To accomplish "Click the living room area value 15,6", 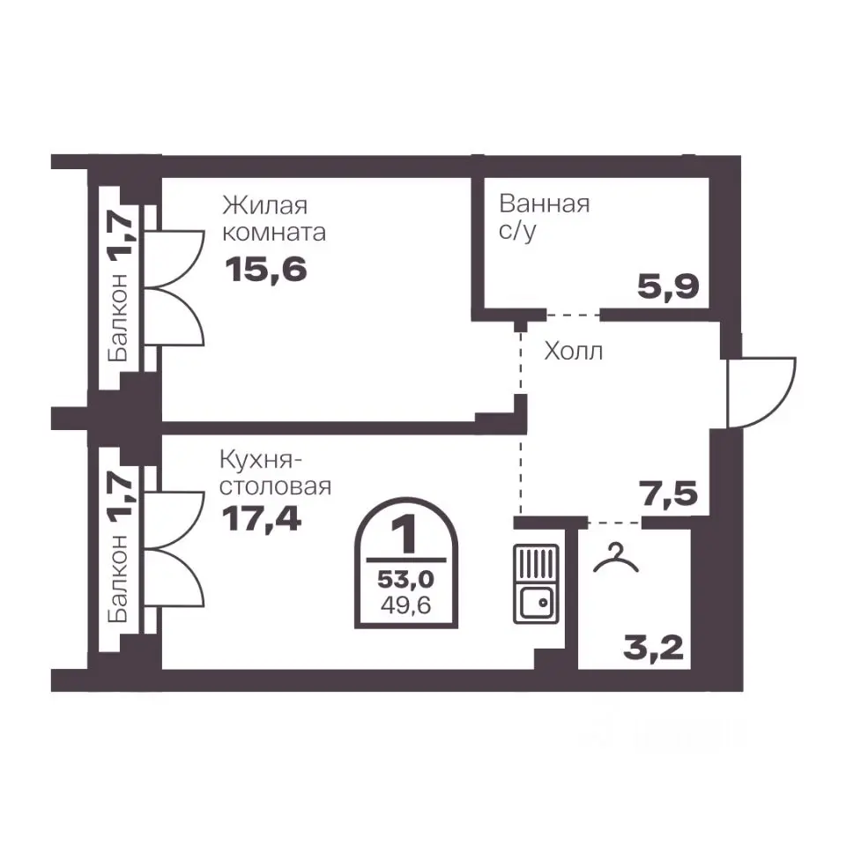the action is [x=265, y=269].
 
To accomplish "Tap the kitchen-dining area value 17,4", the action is [x=261, y=518].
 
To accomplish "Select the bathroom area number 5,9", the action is [x=668, y=286].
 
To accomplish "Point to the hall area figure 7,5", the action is [x=668, y=493].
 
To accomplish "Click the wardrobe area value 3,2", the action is [x=653, y=648].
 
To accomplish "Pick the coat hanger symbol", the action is [x=616, y=559].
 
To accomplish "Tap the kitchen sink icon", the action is [x=535, y=583].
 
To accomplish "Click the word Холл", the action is [x=573, y=352].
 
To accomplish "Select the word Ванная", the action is [x=544, y=204].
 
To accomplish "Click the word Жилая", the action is [x=265, y=205].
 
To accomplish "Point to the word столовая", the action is [x=275, y=486].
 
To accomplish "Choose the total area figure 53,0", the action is [x=405, y=579].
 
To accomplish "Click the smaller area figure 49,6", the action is [x=405, y=605].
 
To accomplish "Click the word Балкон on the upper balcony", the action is [x=117, y=317].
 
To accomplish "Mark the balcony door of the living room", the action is [x=174, y=288].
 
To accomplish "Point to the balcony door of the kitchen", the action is [x=174, y=549].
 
